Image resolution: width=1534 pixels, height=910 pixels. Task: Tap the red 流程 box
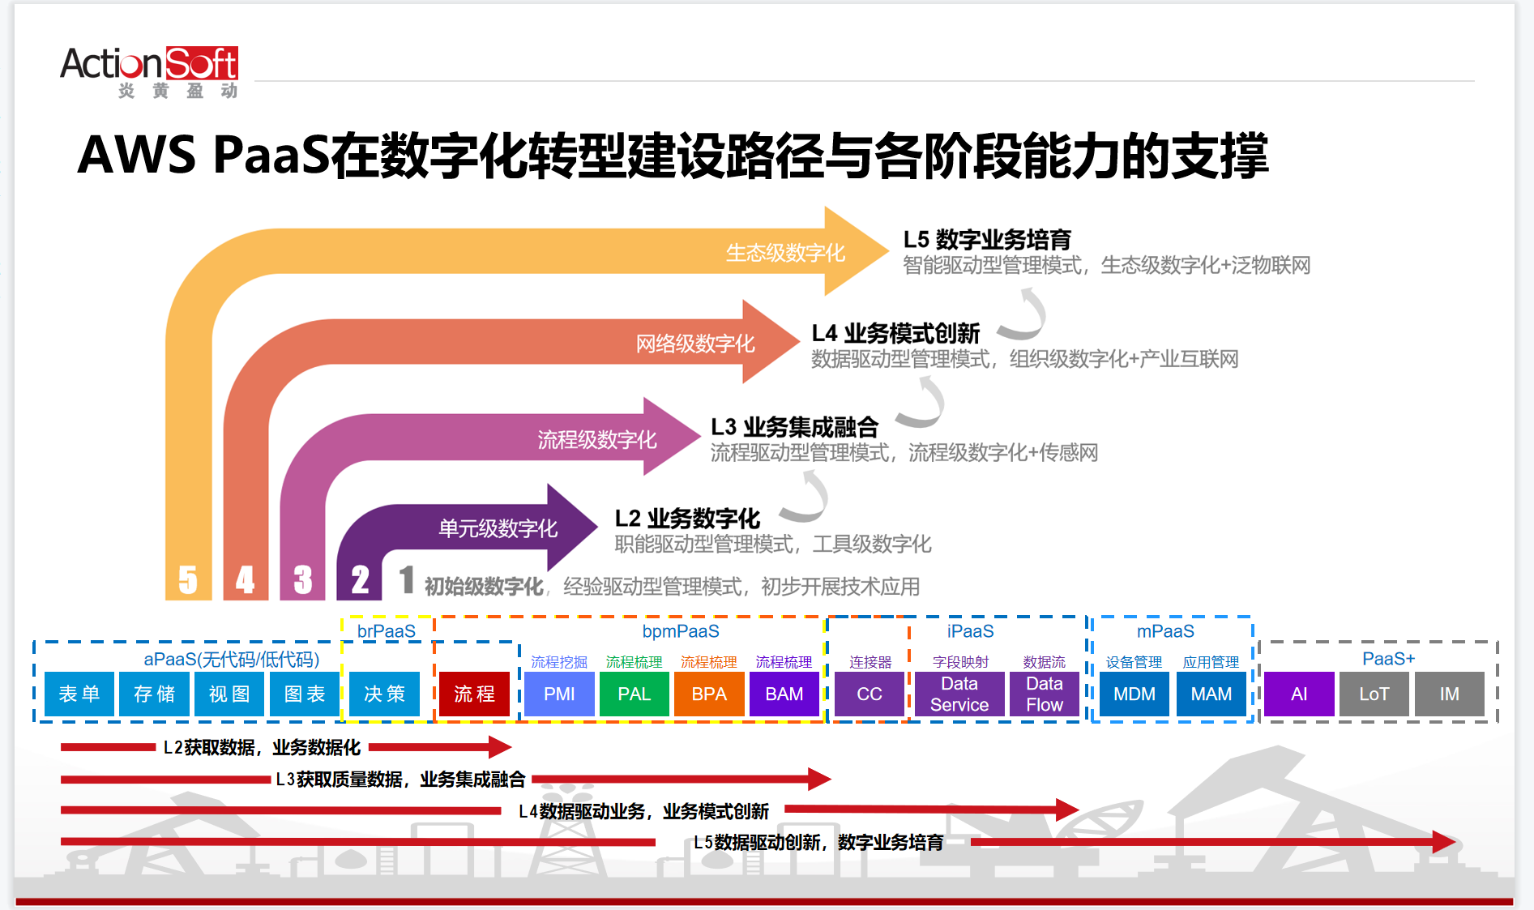[x=474, y=694]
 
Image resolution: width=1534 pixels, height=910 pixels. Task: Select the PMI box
[x=559, y=694]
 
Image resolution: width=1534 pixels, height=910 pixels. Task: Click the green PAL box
[x=635, y=694]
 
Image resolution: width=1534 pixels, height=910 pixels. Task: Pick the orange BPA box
[x=709, y=694]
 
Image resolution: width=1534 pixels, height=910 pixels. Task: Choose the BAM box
[x=784, y=694]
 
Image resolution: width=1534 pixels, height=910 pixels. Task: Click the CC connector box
[x=870, y=694]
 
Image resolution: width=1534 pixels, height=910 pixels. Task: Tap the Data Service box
[x=959, y=694]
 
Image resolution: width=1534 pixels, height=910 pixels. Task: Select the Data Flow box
[x=1045, y=694]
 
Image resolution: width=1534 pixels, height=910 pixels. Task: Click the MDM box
[x=1134, y=694]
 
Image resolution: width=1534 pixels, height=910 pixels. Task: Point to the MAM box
[x=1211, y=694]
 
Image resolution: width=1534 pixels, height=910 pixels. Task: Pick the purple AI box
[x=1299, y=694]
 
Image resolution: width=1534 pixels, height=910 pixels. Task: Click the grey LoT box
[x=1374, y=694]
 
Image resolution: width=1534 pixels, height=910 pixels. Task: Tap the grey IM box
[x=1450, y=694]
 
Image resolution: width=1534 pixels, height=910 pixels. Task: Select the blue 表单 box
[x=79, y=694]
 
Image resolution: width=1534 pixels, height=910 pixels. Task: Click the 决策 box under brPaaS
[x=384, y=694]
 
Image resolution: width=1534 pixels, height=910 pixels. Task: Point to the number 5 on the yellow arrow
[x=188, y=579]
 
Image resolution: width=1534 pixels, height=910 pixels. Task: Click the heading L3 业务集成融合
[x=794, y=427]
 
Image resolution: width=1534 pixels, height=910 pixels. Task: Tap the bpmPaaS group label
[x=681, y=631]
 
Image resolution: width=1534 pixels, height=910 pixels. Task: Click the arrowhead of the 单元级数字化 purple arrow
[x=571, y=527]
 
